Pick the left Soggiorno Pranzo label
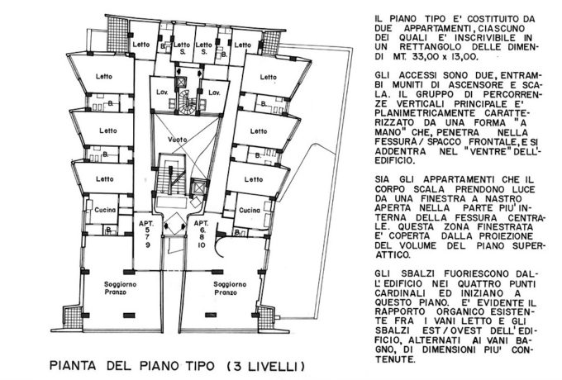120,288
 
